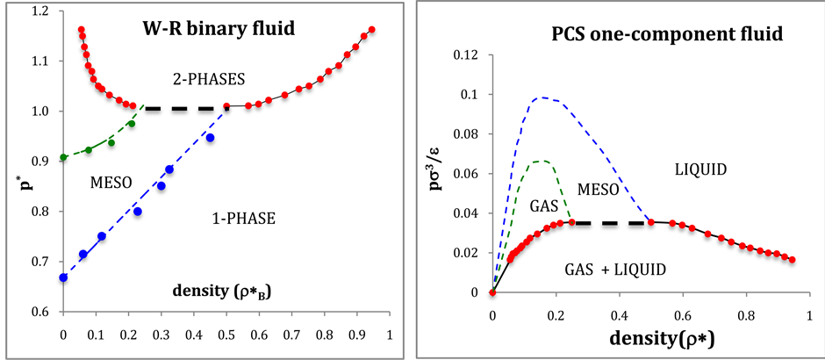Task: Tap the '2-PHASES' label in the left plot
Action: click(x=210, y=79)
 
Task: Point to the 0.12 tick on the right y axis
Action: click(x=466, y=55)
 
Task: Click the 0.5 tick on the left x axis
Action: click(x=226, y=335)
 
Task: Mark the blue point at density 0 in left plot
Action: click(x=63, y=277)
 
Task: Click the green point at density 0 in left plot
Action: click(x=63, y=157)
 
